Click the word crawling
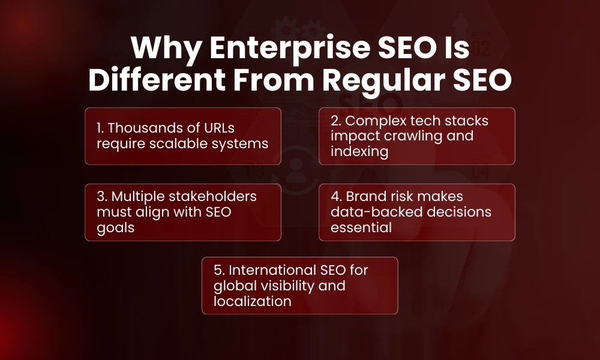(413, 136)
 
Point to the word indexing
(359, 151)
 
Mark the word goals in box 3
(116, 228)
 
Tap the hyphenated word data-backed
(373, 212)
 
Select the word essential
(361, 227)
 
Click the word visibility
(290, 285)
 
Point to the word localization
(252, 301)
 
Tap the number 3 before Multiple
(101, 197)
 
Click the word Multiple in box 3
(140, 197)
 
